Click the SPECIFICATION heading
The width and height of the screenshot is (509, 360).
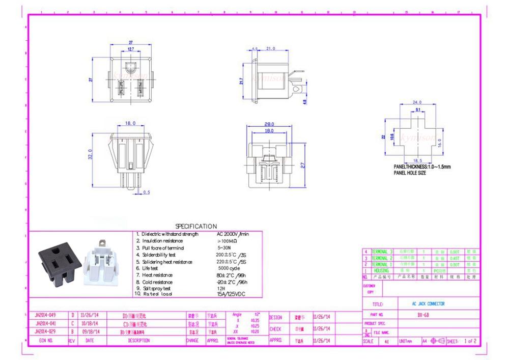coord(196,226)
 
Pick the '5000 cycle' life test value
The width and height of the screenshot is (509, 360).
coord(229,268)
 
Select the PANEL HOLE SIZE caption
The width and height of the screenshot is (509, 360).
coord(410,173)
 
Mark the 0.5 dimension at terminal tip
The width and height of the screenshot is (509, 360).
coord(147,192)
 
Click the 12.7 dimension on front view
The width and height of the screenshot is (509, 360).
coord(131,49)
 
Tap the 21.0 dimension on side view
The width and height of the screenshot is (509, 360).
coord(270,48)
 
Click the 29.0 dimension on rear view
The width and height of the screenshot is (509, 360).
coord(269,124)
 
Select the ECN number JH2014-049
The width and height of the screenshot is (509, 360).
coord(45,315)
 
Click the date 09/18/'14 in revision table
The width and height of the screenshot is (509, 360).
coord(90,331)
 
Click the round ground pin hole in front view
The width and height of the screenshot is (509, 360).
coord(131,67)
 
